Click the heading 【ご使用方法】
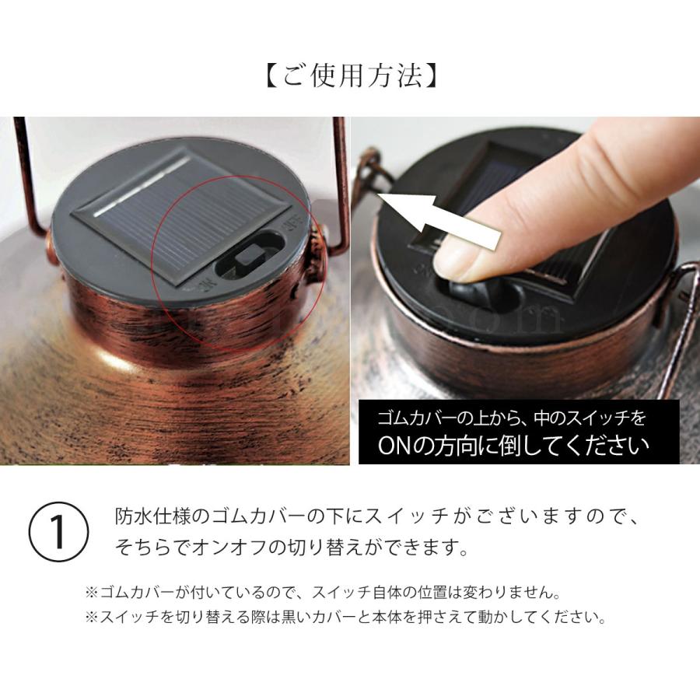point(350,77)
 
